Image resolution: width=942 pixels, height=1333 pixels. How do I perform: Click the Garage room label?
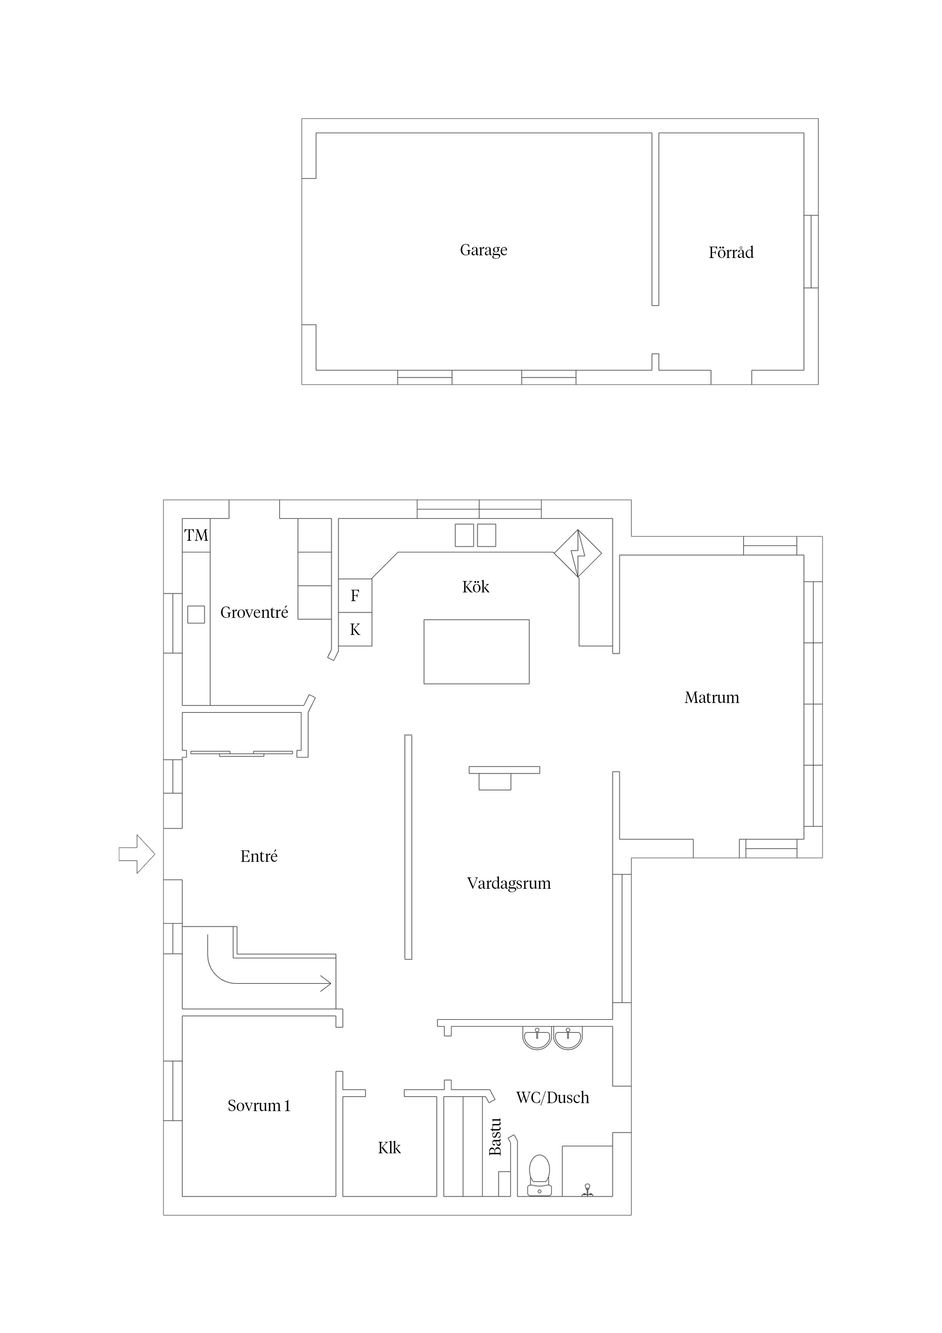coord(484,250)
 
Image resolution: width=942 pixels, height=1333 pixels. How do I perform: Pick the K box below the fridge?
coord(355,629)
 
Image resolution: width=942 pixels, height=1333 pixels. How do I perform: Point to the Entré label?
coord(259,856)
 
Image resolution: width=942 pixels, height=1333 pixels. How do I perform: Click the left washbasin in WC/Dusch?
coord(537,1039)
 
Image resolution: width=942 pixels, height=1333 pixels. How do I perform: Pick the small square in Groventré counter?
coord(196,614)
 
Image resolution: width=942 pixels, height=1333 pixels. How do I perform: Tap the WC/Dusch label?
coord(553,1097)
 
